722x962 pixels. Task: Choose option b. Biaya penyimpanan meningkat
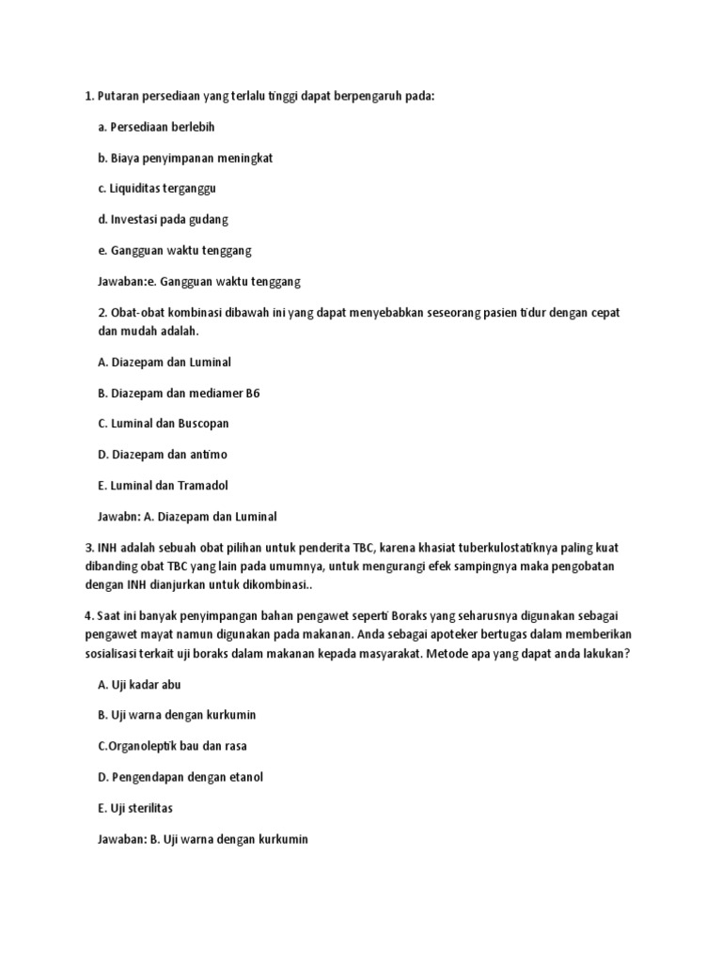coord(184,158)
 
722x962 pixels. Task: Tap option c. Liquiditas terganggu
coord(156,189)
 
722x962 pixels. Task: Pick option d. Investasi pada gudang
coord(163,220)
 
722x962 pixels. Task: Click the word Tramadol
coord(201,486)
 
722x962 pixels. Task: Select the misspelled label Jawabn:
coord(118,517)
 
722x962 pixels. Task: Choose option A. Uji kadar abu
coord(138,685)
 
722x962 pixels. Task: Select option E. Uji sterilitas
coord(135,808)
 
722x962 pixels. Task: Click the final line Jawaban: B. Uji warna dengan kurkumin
coord(202,839)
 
